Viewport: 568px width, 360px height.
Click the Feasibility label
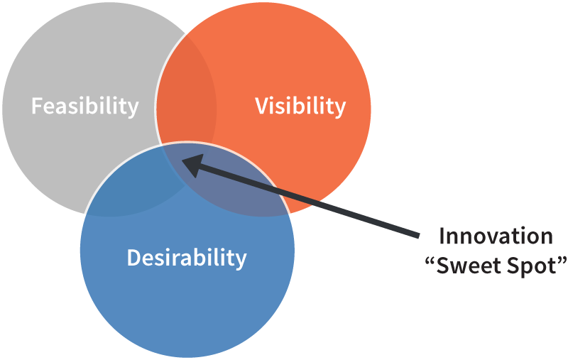(x=84, y=107)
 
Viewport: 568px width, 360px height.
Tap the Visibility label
(x=300, y=107)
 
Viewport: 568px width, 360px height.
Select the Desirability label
(x=187, y=257)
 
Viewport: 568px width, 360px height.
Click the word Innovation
(x=495, y=236)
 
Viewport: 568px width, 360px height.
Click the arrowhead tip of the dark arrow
(x=184, y=160)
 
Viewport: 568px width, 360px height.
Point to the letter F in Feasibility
(x=36, y=107)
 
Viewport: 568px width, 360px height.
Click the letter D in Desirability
(x=133, y=257)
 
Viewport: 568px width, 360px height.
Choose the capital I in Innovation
(x=441, y=236)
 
